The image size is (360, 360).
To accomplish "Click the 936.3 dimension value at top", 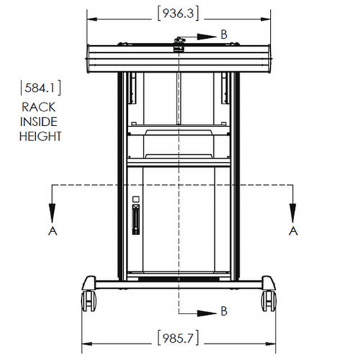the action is [178, 13].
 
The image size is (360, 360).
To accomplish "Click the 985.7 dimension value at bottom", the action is [178, 339].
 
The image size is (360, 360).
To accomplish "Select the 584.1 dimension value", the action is [41, 88].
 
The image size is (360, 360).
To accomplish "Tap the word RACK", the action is [39, 107].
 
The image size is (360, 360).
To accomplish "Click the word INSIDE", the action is [39, 122].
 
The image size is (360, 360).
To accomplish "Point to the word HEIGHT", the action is [41, 136].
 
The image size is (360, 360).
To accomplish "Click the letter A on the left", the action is [53, 231].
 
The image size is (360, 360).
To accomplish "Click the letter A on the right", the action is [294, 231].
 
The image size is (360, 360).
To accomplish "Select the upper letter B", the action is [224, 35].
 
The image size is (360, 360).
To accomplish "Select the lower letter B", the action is [224, 311].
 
